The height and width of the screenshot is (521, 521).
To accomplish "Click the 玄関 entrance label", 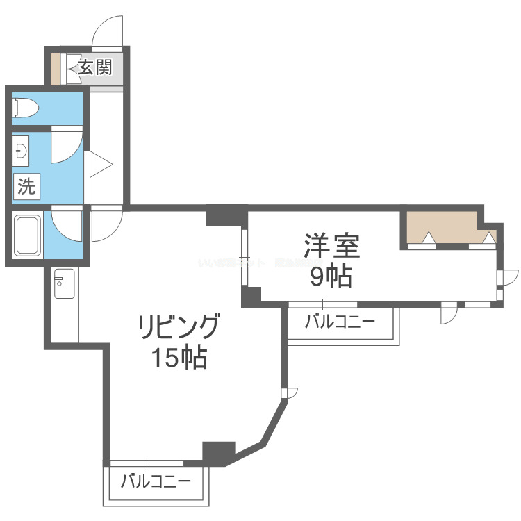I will (94, 67).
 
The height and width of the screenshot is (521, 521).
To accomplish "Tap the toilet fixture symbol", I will (24, 108).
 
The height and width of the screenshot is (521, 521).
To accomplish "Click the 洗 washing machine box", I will (26, 186).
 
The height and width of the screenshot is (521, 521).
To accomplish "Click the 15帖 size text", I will (179, 358).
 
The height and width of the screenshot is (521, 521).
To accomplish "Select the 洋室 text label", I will (331, 247).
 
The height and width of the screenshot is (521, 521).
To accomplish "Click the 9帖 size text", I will (331, 277).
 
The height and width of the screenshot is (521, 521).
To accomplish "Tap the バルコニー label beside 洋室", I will (340, 322).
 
